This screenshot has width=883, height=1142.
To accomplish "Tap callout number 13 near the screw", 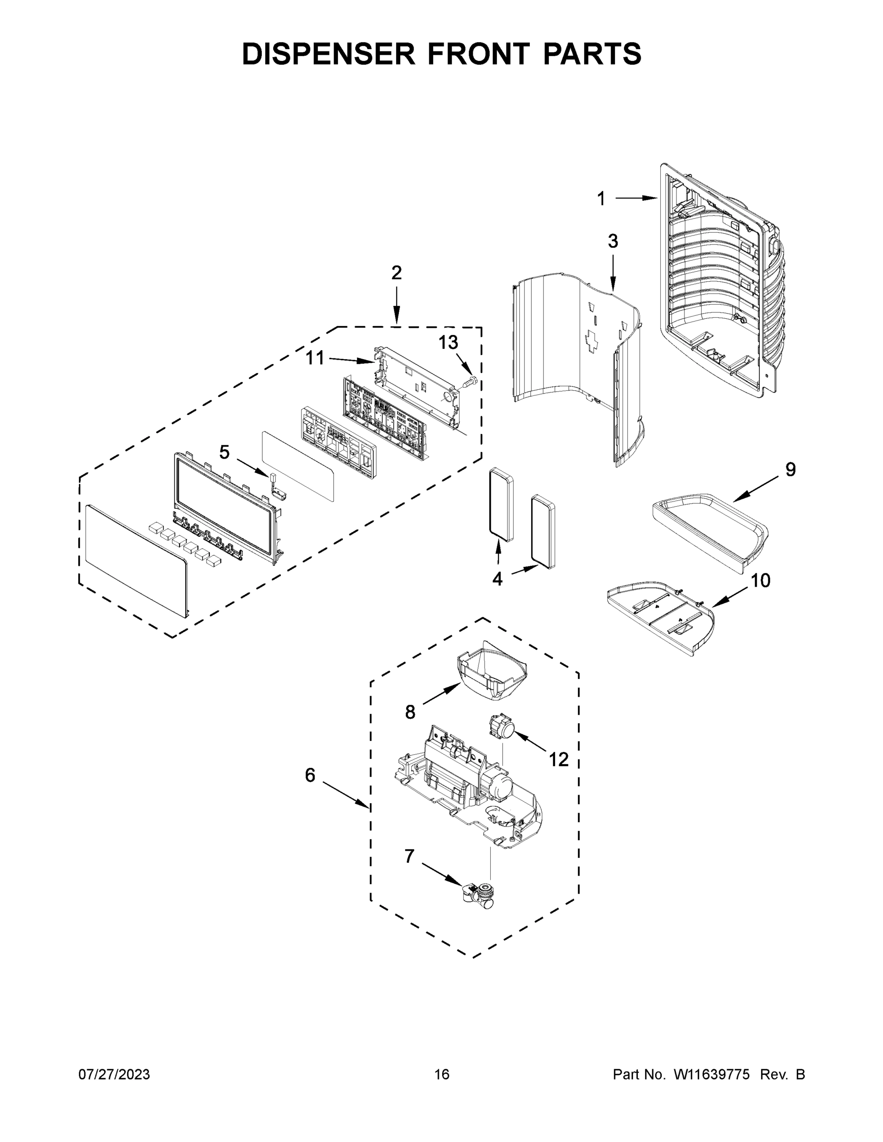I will tap(448, 343).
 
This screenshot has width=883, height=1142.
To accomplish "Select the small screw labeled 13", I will tap(470, 382).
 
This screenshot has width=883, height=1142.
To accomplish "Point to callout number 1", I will tap(601, 199).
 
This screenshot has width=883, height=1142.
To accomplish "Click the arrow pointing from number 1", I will tap(635, 198).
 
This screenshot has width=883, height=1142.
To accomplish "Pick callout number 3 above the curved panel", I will tap(613, 241).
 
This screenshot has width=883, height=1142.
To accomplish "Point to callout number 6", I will tap(310, 789).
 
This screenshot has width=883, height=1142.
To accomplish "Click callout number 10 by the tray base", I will tap(761, 581).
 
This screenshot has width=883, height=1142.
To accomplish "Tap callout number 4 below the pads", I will tap(497, 579).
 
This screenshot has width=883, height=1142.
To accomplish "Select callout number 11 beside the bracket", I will tap(315, 358).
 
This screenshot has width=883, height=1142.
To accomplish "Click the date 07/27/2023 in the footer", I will tap(114, 1074).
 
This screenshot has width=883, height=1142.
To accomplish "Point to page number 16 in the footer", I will tap(442, 1074).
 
